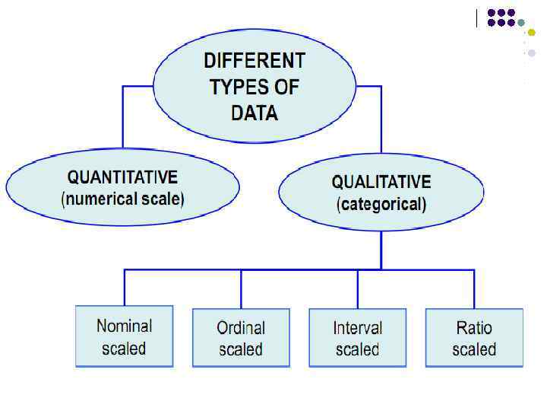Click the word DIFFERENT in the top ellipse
(255, 61)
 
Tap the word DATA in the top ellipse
(255, 113)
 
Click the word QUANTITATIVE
(122, 178)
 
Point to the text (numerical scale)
(122, 200)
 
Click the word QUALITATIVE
(381, 183)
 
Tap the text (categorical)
(381, 204)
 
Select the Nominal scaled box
(125, 336)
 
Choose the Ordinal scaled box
(241, 338)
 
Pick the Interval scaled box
(357, 338)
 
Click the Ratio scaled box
(474, 338)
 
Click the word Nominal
(125, 327)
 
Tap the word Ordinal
(241, 328)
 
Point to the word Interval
(357, 328)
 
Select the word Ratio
(474, 328)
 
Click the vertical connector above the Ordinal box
(241, 288)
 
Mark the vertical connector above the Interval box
(357, 288)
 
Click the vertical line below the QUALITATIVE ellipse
(381, 250)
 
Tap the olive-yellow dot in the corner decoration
(532, 32)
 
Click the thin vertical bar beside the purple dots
(477, 18)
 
